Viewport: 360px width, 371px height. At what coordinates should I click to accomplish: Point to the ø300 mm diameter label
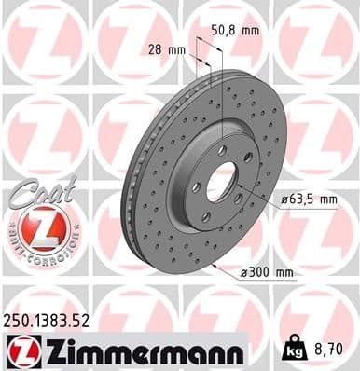[x=268, y=273]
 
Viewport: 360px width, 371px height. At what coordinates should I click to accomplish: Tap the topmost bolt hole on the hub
[x=221, y=150]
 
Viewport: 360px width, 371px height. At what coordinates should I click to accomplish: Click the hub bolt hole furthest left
[x=197, y=186]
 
